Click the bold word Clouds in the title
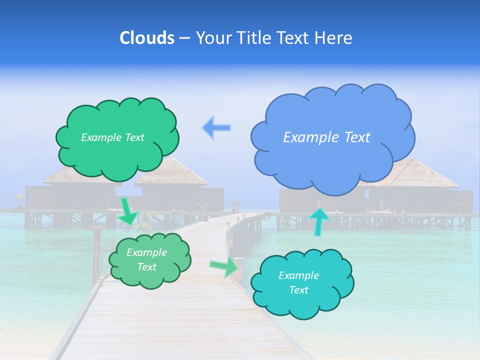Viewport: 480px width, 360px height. coord(147,38)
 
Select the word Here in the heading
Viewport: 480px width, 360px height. coord(335,38)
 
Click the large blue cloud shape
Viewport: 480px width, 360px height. coord(332,150)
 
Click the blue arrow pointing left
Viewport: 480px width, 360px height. coord(216,127)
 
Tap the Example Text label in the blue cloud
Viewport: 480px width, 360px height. coord(326,137)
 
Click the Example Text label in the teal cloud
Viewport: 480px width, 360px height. coord(298,282)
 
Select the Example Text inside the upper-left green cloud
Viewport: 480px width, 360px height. coord(112,137)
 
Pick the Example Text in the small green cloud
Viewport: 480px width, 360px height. coord(146,259)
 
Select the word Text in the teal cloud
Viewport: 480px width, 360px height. coord(298,290)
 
